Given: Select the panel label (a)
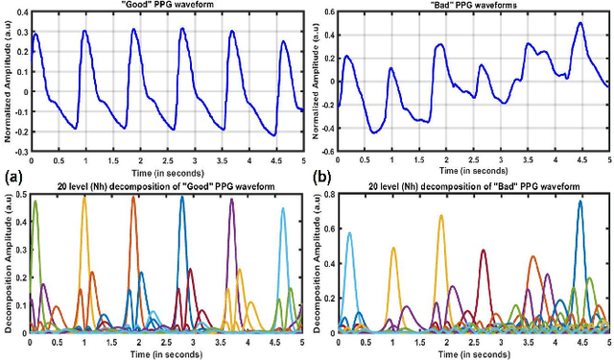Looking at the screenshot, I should coord(13,177).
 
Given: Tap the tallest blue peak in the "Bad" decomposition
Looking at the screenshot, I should coord(579,202).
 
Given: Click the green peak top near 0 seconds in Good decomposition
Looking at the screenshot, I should coord(35,201).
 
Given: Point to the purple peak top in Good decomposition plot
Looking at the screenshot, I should coord(231,200).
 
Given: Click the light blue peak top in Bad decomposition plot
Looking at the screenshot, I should coord(349,232).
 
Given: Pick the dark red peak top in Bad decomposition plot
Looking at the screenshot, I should coord(483,251).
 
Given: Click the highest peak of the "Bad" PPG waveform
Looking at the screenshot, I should coord(580,23).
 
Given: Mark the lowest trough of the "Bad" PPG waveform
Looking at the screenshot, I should coord(374,132).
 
